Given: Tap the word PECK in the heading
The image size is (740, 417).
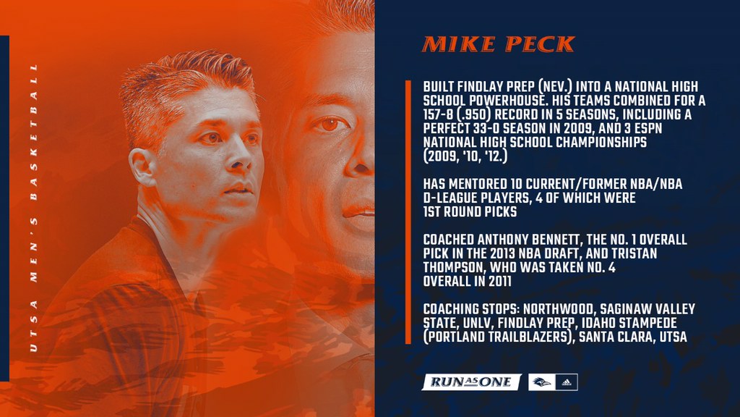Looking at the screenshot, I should (x=540, y=45).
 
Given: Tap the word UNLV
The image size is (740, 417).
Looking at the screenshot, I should (x=472, y=323).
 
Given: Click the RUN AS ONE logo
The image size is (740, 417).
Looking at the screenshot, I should (x=471, y=382).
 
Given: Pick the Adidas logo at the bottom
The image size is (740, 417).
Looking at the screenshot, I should (x=567, y=382).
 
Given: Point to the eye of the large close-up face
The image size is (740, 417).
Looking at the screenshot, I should (x=331, y=125).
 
